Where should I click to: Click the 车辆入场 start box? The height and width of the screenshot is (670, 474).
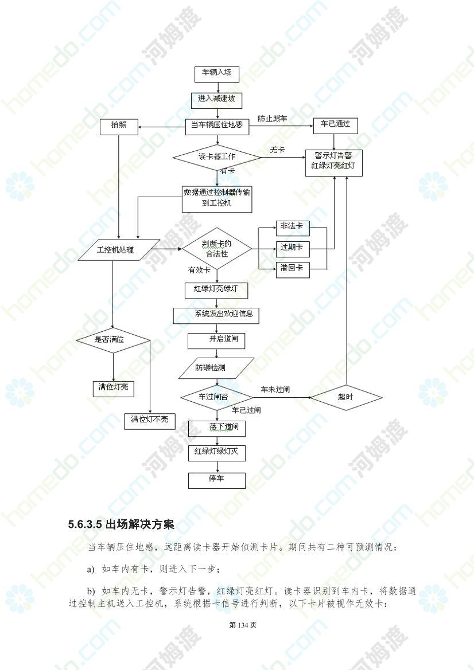[216, 73]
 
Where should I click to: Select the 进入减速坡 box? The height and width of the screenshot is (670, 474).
[216, 100]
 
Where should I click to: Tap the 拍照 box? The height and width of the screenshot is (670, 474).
[119, 127]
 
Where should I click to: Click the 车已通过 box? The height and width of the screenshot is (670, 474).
[335, 125]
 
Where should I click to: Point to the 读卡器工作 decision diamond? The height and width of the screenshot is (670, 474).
[217, 157]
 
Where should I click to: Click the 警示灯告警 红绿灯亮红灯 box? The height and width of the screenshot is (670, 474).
[333, 163]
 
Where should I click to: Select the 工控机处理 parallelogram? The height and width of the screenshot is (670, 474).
[119, 250]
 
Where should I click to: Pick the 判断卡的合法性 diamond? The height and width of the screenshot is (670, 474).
[217, 249]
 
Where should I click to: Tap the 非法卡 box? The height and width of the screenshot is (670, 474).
[293, 228]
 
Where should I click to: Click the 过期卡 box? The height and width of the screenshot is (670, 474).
[293, 249]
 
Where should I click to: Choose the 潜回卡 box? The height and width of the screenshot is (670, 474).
[293, 270]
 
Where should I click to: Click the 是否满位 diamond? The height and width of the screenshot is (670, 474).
[114, 340]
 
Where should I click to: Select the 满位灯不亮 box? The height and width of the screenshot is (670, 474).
[150, 421]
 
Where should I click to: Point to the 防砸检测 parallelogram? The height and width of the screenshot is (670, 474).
[216, 369]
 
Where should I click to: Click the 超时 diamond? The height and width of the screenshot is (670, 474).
[346, 397]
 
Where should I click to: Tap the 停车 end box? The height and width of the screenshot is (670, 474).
[217, 480]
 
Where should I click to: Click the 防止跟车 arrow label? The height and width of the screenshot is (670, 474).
[273, 119]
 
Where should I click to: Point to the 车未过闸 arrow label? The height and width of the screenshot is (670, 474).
[275, 390]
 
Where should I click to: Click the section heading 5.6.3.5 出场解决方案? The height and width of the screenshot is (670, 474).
[122, 524]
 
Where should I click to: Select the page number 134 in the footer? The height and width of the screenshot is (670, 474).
[243, 625]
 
